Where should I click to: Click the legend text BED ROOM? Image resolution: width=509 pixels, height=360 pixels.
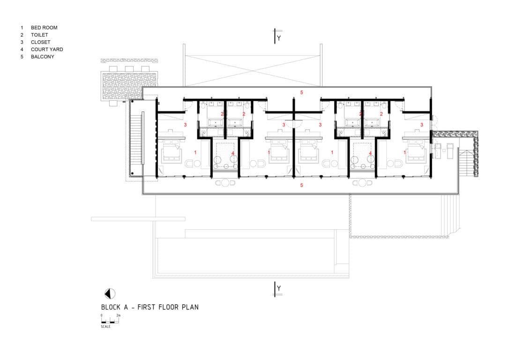[x=44, y=28]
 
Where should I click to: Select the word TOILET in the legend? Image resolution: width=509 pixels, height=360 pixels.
[x=39, y=35]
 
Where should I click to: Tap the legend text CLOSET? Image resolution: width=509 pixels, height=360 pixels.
[x=40, y=42]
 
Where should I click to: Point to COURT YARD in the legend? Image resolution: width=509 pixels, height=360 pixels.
[x=47, y=49]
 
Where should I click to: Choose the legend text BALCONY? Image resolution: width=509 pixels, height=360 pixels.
[x=43, y=57]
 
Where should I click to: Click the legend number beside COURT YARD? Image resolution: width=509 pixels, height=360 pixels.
[x=22, y=49]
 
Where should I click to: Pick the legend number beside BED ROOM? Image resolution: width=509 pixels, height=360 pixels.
[x=22, y=28]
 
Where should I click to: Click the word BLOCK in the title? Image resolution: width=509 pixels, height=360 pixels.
[x=112, y=307]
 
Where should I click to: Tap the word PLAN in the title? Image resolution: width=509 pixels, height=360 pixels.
[x=190, y=307]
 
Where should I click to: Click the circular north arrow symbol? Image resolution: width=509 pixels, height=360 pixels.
[x=110, y=294]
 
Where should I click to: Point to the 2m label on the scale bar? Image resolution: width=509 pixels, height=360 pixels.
[x=119, y=316]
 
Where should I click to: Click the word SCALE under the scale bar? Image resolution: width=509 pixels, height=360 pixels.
[x=105, y=326]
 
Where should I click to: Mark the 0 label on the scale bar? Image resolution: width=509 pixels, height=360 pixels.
[x=102, y=316]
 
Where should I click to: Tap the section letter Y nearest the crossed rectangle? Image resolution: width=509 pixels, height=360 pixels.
[x=279, y=38]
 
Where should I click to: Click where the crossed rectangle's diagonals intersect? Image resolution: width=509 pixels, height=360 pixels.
[x=253, y=71]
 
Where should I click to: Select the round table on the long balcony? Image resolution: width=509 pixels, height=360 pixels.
[x=225, y=183]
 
